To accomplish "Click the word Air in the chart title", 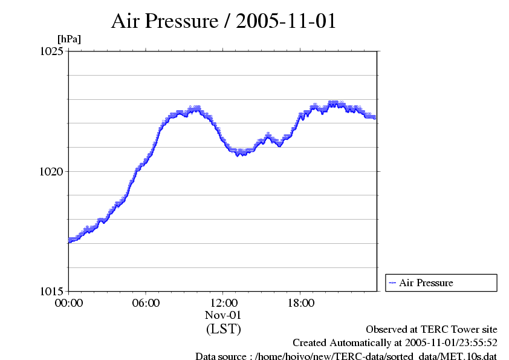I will tap(126, 21).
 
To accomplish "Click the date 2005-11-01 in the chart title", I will tap(285, 21).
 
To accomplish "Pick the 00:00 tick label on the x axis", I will tap(69, 303).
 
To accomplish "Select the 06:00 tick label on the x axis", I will tap(146, 303).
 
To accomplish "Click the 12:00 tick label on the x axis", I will tap(224, 303).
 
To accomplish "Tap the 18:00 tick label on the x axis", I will tap(301, 303).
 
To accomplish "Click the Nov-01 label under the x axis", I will tap(224, 315).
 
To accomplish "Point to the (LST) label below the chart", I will tap(224, 329).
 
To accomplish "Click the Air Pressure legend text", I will tap(426, 283).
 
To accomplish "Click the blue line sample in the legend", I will tap(392, 283).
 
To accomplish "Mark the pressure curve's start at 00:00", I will tap(70, 241).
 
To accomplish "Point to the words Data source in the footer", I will tap(219, 356).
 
